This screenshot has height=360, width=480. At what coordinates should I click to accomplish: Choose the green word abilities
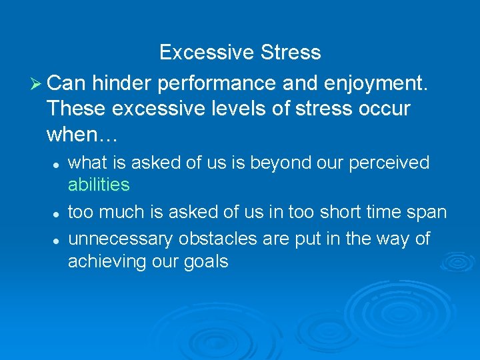point(99,185)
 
